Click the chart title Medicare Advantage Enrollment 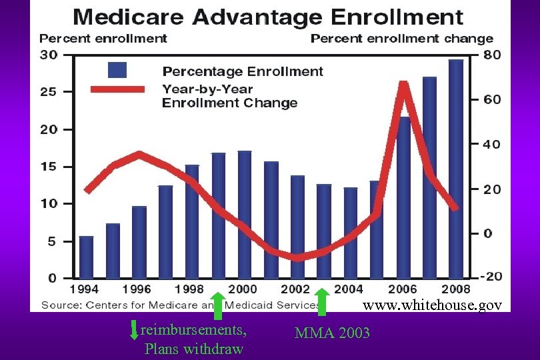click(269, 16)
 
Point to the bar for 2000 click(245, 214)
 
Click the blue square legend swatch click(117, 70)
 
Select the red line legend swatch click(117, 89)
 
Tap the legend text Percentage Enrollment click(243, 71)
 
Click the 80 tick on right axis click(492, 55)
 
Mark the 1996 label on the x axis click(137, 289)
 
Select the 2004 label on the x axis click(349, 289)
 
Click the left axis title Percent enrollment click(103, 39)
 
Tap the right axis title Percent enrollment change click(402, 39)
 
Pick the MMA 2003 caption click(332, 333)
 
